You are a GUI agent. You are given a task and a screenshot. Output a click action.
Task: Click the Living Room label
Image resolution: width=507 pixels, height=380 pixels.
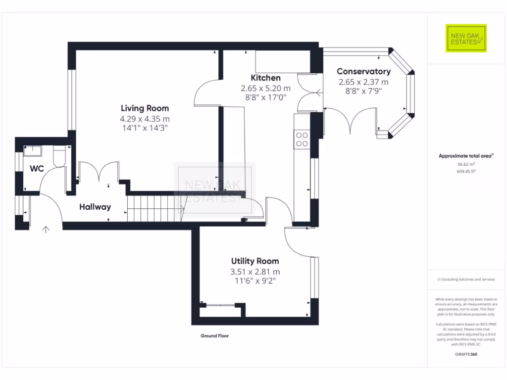click(145, 108)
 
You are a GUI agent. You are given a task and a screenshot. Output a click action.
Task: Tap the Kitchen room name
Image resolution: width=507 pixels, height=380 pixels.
click(265, 78)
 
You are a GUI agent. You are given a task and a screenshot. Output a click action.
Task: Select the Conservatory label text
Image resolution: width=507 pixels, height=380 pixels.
click(363, 71)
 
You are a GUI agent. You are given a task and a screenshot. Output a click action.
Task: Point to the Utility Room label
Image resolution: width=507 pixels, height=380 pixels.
click(254, 261)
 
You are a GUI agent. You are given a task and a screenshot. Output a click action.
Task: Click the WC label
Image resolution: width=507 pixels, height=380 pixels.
click(37, 169)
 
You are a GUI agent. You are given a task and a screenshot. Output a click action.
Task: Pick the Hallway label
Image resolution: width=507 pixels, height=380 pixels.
click(95, 207)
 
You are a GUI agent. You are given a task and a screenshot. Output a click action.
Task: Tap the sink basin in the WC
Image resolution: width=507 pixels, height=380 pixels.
click(33, 150)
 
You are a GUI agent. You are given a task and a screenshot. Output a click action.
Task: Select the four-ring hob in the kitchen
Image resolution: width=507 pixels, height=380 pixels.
click(302, 139)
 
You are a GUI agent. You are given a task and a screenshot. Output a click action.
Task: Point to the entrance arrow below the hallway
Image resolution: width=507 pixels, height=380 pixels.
click(46, 230)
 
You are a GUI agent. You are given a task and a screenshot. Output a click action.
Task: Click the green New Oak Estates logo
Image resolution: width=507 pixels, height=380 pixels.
click(466, 38)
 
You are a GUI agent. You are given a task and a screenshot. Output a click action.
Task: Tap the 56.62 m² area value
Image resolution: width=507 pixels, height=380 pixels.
click(465, 164)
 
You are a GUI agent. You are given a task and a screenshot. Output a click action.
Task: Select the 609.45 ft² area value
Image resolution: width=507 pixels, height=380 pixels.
click(465, 171)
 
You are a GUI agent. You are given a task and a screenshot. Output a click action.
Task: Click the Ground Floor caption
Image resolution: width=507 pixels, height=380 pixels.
click(214, 335)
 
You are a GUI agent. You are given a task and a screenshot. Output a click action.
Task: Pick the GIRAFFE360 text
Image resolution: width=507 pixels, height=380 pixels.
click(465, 354)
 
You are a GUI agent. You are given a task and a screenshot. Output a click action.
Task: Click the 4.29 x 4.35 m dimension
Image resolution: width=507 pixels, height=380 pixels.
click(145, 119)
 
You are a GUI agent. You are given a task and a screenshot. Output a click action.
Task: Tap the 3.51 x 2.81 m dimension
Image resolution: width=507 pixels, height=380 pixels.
click(254, 272)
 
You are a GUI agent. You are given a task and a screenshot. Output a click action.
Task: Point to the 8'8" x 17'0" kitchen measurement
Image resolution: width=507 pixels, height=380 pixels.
click(265, 98)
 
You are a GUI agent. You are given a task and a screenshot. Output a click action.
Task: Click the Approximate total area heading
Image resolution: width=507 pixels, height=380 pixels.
click(465, 156)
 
